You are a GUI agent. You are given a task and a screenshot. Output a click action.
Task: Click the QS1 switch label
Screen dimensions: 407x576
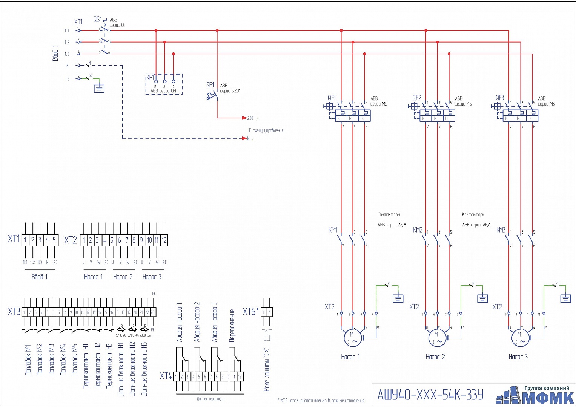click(x=97, y=19)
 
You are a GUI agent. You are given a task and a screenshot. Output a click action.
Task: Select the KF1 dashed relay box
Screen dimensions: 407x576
click(x=164, y=84)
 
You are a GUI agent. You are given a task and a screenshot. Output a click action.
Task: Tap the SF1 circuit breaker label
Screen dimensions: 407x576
click(x=210, y=85)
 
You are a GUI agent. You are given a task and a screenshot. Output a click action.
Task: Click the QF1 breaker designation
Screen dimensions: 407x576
click(x=332, y=98)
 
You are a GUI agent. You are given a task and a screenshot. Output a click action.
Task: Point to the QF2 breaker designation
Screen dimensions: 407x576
click(x=416, y=98)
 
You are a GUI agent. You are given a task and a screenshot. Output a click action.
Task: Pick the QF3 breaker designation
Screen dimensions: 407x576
click(x=499, y=98)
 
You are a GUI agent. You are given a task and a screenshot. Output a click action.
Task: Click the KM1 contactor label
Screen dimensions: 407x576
click(x=333, y=230)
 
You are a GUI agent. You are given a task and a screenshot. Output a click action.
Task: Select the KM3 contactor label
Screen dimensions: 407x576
click(x=501, y=230)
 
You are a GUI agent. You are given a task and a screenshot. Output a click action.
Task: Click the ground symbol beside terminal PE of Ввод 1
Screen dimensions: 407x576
click(x=99, y=89)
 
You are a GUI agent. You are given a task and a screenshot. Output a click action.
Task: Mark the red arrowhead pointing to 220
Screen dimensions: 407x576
click(x=244, y=118)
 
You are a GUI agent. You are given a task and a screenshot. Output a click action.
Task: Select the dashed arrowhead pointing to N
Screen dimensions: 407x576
click(x=244, y=138)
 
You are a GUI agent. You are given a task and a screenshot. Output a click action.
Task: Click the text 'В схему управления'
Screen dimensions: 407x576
click(x=266, y=130)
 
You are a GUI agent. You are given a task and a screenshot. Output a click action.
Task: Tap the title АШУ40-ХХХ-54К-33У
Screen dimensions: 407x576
click(x=430, y=395)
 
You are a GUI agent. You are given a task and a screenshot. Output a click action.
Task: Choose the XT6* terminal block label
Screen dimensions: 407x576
click(x=251, y=312)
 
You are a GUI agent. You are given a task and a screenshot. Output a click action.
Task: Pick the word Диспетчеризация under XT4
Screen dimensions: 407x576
click(x=210, y=399)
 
